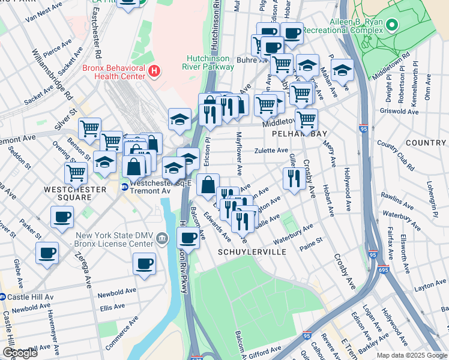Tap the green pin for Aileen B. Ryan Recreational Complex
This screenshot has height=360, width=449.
[x=392, y=25]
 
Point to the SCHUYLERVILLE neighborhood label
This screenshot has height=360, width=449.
[x=252, y=252]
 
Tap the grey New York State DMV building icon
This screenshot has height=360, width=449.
[x=161, y=239]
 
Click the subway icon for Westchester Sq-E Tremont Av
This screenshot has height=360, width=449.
[x=125, y=187]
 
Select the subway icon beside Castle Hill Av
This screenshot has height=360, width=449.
[x=2, y=296]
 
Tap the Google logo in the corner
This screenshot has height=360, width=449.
[x=20, y=353]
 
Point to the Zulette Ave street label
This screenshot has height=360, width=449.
[x=271, y=151]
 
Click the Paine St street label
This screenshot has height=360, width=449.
[x=311, y=241]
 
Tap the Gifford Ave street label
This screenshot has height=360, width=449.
[x=265, y=349]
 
